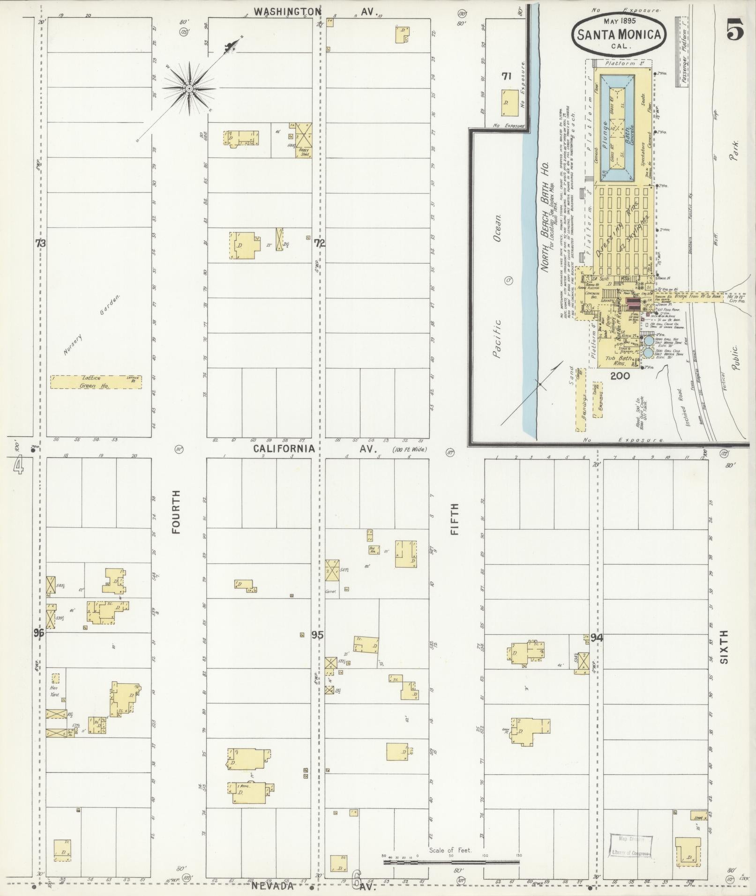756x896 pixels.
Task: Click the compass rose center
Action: tap(189, 88)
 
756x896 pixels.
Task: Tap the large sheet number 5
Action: tap(735, 31)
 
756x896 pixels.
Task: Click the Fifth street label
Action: tap(455, 519)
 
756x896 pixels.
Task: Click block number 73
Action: tap(41, 243)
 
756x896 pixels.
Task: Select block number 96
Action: tap(38, 633)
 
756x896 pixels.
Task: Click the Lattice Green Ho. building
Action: tap(96, 382)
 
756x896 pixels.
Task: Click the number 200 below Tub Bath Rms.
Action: tap(620, 376)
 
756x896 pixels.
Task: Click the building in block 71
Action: tap(509, 103)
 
